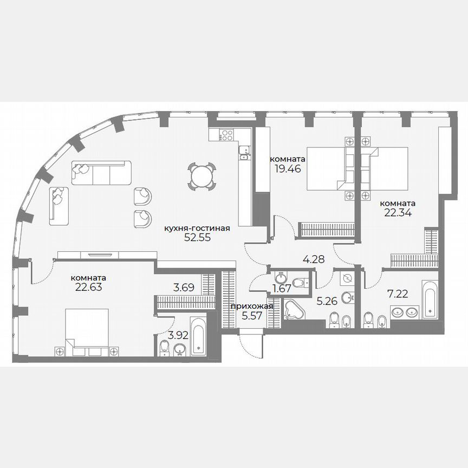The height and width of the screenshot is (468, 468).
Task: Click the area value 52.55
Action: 197,237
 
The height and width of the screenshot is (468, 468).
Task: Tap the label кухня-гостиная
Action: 197,229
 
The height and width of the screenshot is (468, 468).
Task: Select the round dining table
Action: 201,176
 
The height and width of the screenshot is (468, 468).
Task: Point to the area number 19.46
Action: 287,168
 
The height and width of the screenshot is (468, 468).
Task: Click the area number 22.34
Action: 398,212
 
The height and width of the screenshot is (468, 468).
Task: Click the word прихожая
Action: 252,307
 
